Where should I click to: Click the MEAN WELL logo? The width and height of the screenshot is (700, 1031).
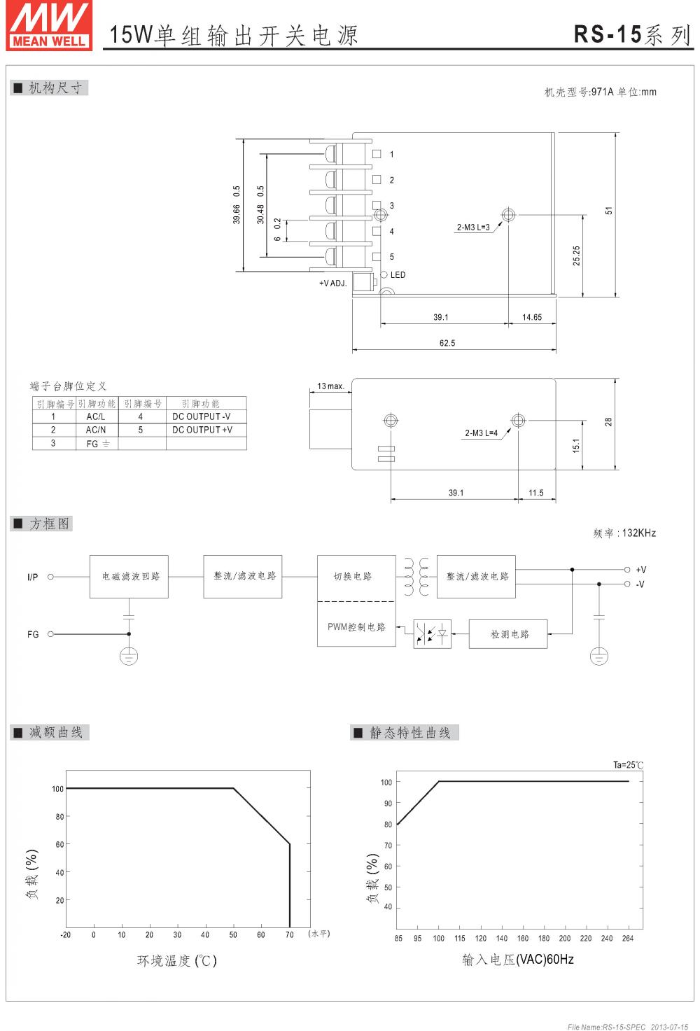click(x=49, y=25)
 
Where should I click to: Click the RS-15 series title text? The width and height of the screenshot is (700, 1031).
click(x=631, y=34)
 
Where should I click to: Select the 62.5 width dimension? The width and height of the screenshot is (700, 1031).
click(x=447, y=343)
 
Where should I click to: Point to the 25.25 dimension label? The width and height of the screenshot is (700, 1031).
click(x=577, y=255)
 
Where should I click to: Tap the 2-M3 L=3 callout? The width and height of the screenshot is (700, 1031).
click(x=473, y=227)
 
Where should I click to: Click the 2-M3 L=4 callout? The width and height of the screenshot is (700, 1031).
click(x=482, y=433)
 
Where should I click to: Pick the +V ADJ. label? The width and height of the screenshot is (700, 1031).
click(x=332, y=283)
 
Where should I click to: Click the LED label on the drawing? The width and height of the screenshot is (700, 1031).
click(x=398, y=275)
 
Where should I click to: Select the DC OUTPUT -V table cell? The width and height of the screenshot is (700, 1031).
click(x=202, y=416)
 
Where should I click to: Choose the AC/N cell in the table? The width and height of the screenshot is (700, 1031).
click(x=96, y=430)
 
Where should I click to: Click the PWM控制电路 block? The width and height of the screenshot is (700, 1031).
click(x=356, y=627)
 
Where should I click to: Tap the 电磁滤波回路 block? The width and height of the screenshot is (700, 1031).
click(x=129, y=577)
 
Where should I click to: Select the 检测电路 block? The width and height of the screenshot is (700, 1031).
click(x=509, y=634)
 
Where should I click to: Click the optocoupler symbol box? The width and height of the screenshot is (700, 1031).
click(x=432, y=634)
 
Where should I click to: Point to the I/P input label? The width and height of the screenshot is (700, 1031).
click(x=32, y=577)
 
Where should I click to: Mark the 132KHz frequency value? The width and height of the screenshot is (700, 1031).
click(x=638, y=533)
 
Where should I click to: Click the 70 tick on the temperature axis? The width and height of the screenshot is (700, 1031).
click(x=289, y=935)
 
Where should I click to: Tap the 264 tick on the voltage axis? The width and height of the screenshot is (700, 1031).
click(x=627, y=939)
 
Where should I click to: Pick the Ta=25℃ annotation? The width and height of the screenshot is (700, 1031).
click(x=628, y=765)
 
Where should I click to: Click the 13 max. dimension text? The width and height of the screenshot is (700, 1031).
click(x=330, y=386)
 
